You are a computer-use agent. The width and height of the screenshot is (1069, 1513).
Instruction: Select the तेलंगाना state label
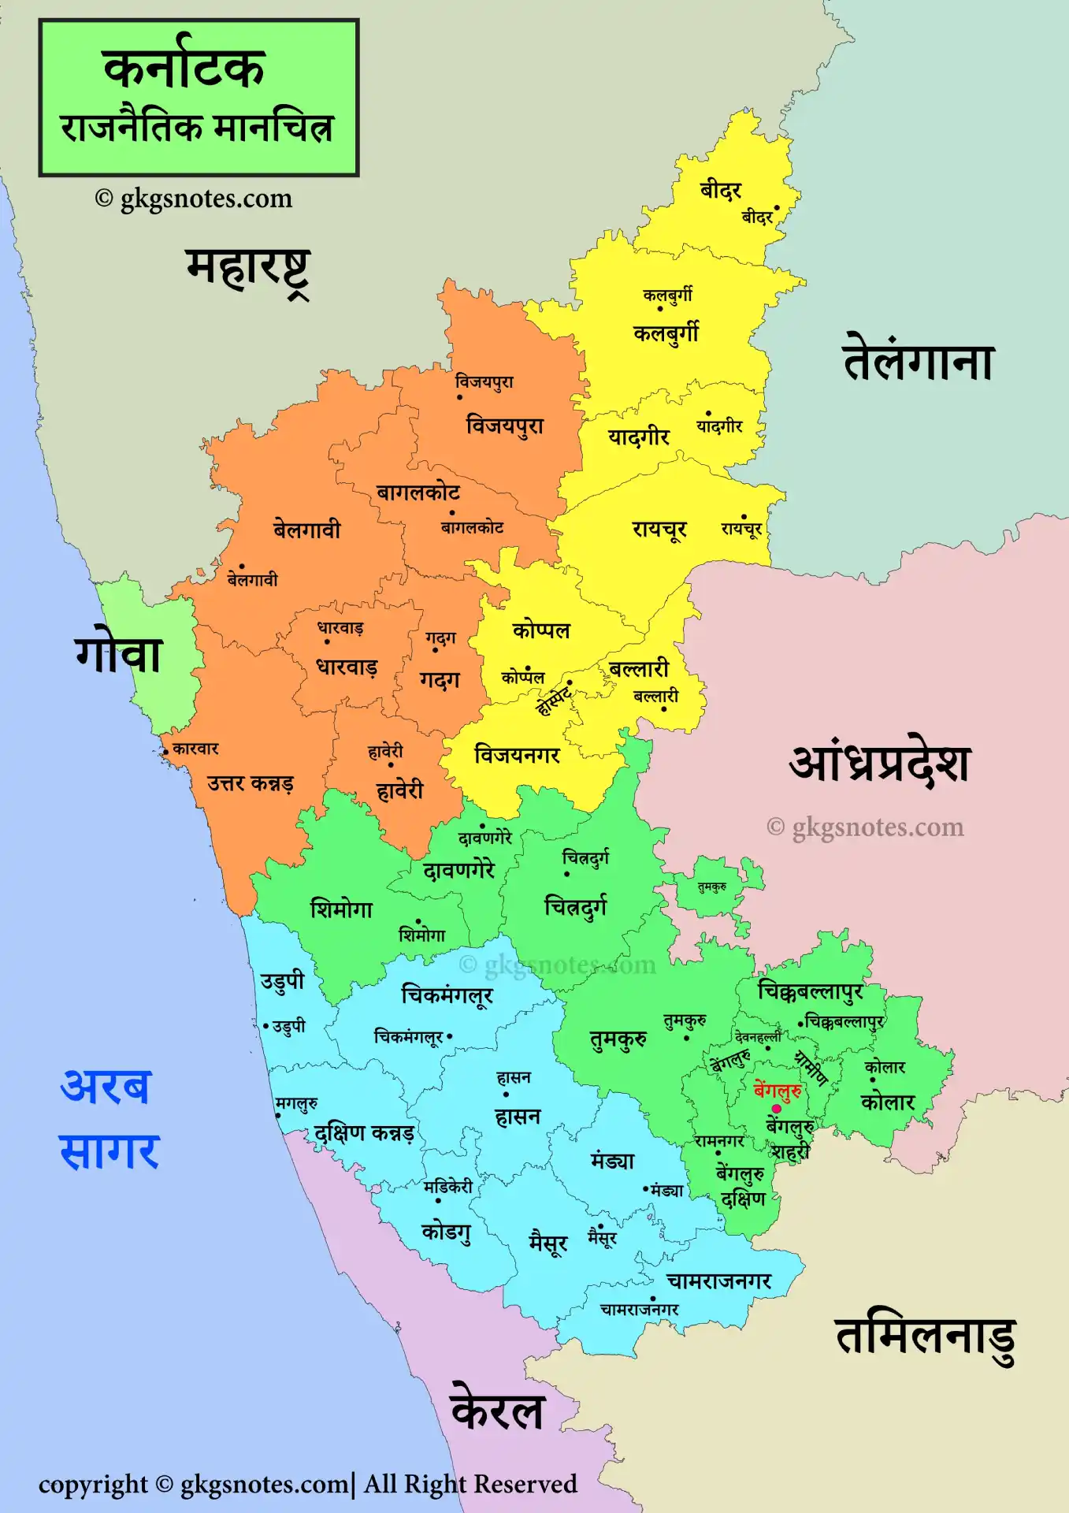(919, 361)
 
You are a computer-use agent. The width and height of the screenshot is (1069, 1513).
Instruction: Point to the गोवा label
(119, 653)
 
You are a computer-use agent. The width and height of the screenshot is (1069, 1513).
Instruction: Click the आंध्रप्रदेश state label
(880, 763)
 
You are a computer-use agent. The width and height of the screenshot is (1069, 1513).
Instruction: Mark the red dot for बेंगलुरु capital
(776, 1109)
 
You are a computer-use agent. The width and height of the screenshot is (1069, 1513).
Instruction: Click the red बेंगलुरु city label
(778, 1091)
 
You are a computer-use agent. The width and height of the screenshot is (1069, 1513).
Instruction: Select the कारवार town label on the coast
(195, 749)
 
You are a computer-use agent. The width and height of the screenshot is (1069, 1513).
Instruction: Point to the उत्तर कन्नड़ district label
(251, 783)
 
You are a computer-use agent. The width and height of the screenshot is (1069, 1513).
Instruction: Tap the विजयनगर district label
(517, 755)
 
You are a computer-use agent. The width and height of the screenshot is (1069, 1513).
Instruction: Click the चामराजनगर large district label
(718, 1281)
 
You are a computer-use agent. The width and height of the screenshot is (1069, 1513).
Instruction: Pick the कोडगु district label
(447, 1231)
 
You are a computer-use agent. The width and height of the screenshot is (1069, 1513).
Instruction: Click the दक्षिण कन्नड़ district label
(363, 1133)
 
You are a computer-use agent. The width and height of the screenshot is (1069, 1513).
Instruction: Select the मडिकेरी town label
(448, 1187)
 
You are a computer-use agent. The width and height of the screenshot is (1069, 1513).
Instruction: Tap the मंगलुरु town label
(296, 1104)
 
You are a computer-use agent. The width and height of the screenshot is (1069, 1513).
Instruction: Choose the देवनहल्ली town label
(757, 1038)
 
